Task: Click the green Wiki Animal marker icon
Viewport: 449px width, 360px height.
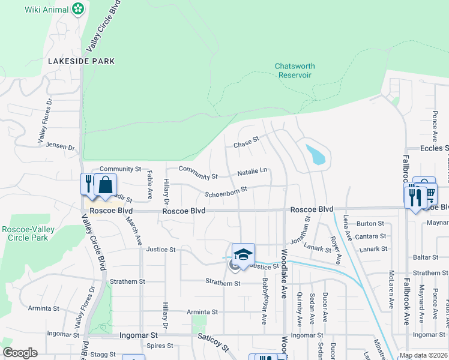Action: [x=77, y=9]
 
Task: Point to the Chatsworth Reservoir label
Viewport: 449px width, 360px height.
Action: [x=295, y=71]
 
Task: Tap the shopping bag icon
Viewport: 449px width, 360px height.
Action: [x=105, y=185]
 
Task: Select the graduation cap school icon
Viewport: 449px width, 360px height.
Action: [x=243, y=254]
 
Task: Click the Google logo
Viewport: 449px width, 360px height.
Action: [x=20, y=353]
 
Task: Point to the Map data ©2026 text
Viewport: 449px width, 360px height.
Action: [x=423, y=355]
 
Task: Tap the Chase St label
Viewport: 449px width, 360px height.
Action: [x=246, y=145]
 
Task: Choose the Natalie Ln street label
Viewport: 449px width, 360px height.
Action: [x=252, y=171]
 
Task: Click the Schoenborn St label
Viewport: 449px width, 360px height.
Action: [x=226, y=194]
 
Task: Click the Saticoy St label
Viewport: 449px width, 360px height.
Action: [x=214, y=343]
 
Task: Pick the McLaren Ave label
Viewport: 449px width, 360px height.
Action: [x=391, y=291]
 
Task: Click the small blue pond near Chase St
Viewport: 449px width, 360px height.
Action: [x=316, y=155]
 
